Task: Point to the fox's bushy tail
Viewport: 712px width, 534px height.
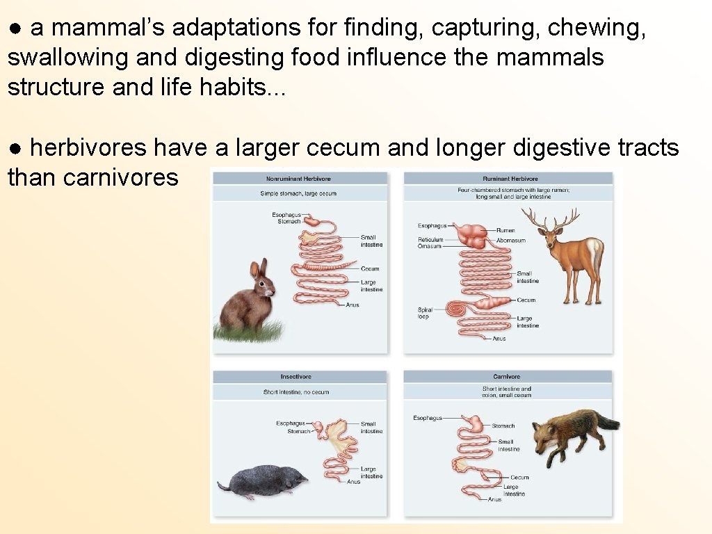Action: tap(604, 421)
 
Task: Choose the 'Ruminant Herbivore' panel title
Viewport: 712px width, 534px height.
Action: tap(510, 179)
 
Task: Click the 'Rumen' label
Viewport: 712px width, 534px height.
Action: tap(505, 230)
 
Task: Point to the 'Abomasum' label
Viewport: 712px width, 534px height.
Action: tap(511, 241)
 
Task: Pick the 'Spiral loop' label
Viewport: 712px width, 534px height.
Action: tap(424, 313)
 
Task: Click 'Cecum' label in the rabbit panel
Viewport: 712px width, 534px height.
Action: tap(370, 269)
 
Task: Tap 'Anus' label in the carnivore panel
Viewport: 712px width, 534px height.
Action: tap(494, 499)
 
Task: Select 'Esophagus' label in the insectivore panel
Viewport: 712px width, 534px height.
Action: tap(290, 423)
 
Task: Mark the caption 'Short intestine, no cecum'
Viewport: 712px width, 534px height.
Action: tap(296, 392)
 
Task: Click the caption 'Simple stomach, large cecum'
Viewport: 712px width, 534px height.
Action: tap(298, 193)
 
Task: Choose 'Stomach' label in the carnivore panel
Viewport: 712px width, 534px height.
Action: tap(503, 426)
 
